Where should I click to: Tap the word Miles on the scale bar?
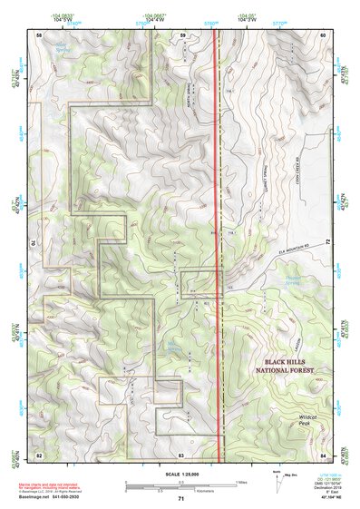click(x=242, y=481)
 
